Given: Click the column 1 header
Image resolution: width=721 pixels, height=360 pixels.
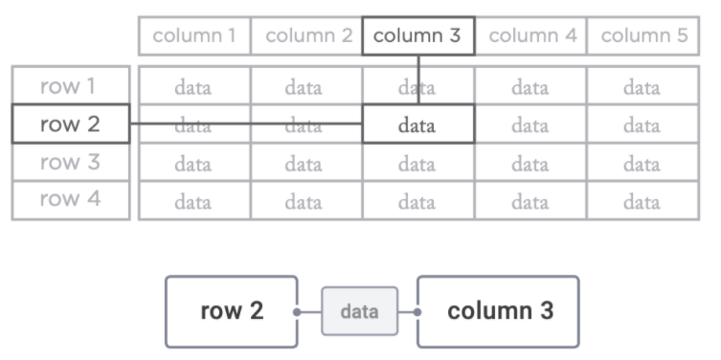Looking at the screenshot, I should click(194, 37).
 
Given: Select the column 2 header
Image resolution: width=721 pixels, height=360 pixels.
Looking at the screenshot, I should click(305, 37).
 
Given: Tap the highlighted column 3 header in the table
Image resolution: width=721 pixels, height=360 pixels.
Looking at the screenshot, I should click(417, 37).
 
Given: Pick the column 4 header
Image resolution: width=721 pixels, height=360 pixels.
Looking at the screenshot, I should click(530, 37).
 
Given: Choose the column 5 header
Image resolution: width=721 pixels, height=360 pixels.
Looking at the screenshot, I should click(642, 37).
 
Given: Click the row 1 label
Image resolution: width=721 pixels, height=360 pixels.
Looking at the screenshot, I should click(70, 87).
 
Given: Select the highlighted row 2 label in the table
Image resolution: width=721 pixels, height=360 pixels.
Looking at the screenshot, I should click(70, 124).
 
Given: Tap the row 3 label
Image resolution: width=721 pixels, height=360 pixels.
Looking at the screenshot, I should click(70, 163).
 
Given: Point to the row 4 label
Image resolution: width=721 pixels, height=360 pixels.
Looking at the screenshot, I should click(70, 200).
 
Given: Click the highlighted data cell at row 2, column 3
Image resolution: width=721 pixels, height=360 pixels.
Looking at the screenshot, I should click(417, 125).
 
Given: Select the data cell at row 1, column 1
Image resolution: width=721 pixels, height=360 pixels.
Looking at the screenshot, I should click(194, 88).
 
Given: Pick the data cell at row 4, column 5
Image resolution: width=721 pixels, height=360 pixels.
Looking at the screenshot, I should click(642, 201).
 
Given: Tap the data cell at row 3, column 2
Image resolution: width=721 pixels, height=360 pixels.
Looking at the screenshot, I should click(305, 164).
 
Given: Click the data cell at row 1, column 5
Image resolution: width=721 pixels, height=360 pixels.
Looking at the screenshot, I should click(642, 88).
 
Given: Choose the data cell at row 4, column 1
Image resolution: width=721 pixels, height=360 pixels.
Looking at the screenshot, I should click(194, 201).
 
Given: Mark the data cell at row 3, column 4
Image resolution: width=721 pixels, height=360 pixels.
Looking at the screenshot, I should click(530, 164).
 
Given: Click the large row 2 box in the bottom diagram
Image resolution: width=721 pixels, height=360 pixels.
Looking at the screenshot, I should click(232, 311).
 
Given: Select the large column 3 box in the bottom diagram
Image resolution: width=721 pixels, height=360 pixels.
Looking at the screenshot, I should click(498, 311).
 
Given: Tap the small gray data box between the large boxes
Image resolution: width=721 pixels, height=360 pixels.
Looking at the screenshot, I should click(359, 312).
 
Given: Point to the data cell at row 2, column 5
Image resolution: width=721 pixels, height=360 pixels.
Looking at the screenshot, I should click(642, 125).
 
